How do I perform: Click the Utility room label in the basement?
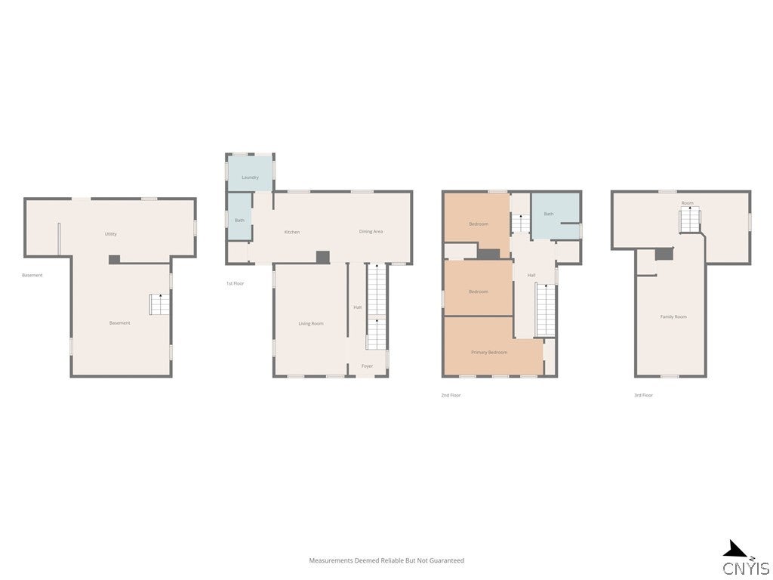click(x=111, y=234)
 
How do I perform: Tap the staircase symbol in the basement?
click(x=159, y=304)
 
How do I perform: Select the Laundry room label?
click(x=250, y=177)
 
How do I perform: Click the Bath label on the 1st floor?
click(x=239, y=221)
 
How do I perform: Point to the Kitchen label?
click(x=292, y=232)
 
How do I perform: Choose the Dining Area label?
click(x=371, y=231)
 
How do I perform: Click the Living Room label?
click(x=310, y=323)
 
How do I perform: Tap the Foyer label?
click(x=367, y=366)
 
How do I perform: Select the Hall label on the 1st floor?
click(x=358, y=307)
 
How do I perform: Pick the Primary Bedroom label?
click(x=489, y=353)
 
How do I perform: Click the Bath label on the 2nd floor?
click(x=549, y=214)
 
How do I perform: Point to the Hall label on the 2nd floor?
click(x=531, y=276)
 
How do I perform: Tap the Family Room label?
click(x=673, y=316)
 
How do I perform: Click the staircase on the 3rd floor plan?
click(x=690, y=220)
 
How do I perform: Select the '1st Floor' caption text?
click(x=236, y=283)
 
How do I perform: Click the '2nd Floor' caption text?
click(x=451, y=395)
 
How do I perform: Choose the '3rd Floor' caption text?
click(x=643, y=395)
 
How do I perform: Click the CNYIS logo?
click(x=745, y=560)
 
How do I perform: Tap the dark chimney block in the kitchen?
click(x=322, y=258)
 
